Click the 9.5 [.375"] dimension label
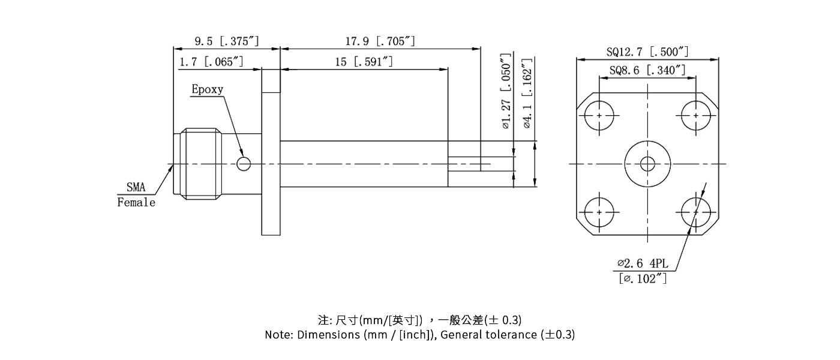tap(226, 41)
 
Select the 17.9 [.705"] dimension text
tap(380, 41)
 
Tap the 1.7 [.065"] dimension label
tap(211, 62)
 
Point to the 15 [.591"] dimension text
tap(364, 62)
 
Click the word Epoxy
tap(207, 89)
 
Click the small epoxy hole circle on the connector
tap(244, 163)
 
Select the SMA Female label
tap(136, 195)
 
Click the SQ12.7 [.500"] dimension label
tap(647, 52)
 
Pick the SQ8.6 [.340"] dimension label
tap(647, 70)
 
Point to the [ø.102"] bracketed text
tap(643, 278)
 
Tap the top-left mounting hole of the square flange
tap(599, 115)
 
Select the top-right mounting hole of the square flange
tap(696, 115)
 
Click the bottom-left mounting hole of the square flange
tap(599, 212)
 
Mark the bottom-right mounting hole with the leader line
tap(696, 212)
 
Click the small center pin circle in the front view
tap(647, 163)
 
